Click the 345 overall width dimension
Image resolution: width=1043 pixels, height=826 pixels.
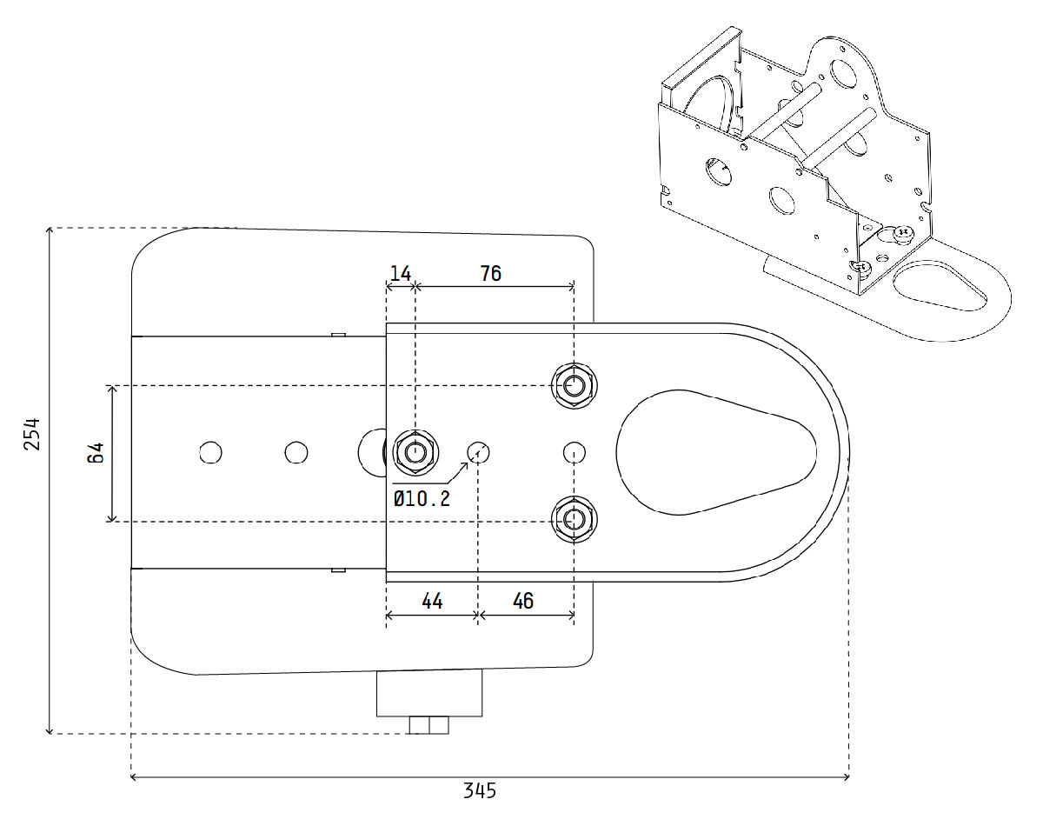479,791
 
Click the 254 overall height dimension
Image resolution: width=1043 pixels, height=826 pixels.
32,433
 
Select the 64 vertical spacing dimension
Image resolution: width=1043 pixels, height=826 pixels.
96,453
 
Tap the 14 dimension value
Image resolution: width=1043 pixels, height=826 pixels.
400,274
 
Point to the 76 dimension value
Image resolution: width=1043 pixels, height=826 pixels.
491,274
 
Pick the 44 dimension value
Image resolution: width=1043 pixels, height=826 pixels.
432,601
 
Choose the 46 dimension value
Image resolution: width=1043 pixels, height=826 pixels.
523,601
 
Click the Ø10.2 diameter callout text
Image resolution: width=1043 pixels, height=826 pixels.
422,498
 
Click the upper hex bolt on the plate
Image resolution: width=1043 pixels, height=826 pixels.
573,384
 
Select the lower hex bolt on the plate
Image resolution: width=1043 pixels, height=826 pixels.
573,519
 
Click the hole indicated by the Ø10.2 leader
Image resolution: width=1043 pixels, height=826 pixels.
479,452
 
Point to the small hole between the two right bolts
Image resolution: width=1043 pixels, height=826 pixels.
574,452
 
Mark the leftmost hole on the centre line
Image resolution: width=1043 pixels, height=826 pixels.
210,452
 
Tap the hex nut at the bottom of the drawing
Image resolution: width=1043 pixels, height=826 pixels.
429,725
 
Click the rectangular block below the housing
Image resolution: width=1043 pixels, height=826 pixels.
429,694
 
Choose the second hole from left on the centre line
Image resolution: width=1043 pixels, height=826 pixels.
296,452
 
